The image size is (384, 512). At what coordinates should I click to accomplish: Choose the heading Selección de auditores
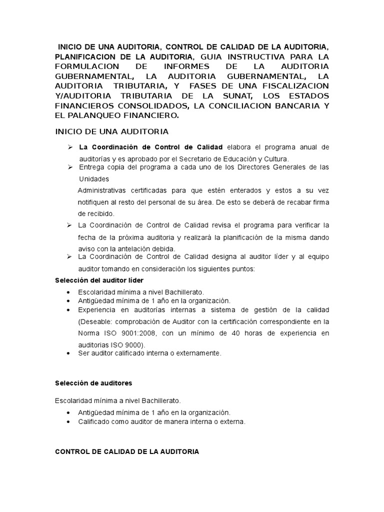[x=93, y=383]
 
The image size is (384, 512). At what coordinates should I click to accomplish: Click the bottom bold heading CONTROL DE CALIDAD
[x=126, y=451]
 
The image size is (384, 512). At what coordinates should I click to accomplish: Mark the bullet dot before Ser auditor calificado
[x=67, y=353]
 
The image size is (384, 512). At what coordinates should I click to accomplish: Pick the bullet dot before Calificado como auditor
[x=67, y=422]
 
